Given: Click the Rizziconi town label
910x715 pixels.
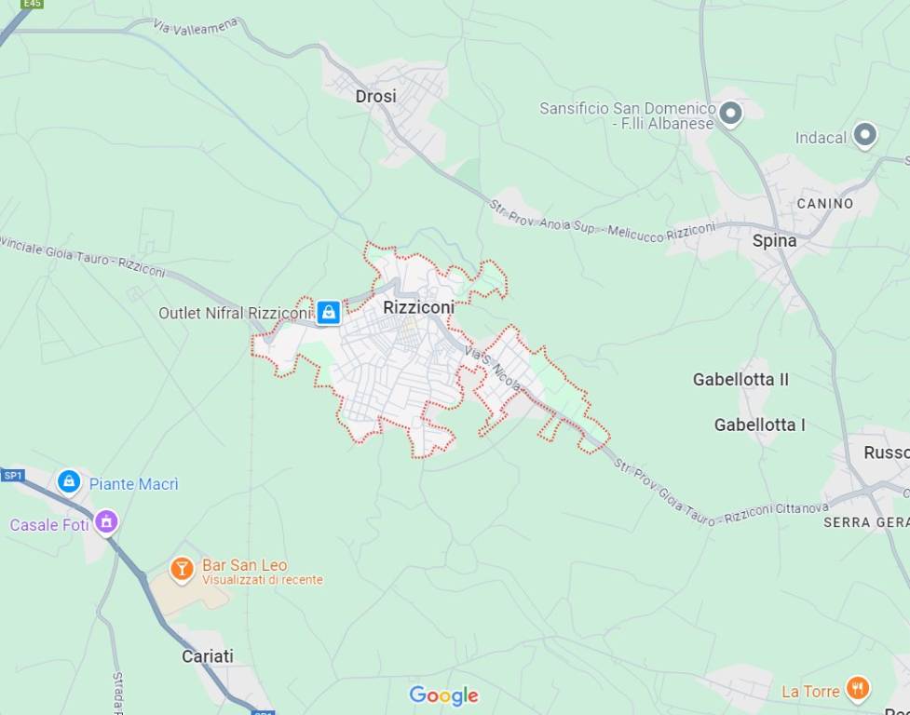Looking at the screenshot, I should [418, 306].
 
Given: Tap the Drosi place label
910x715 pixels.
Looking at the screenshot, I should [375, 96].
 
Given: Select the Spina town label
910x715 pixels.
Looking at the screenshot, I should [774, 240].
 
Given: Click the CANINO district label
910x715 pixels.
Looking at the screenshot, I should [824, 203].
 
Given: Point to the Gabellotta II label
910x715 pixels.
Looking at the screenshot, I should [740, 379].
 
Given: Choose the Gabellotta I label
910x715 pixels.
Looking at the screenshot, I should [759, 425].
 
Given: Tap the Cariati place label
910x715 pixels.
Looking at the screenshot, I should [207, 655].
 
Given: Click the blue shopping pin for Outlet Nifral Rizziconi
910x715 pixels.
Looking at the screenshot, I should [328, 313].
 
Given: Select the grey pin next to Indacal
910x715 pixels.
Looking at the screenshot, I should [865, 136].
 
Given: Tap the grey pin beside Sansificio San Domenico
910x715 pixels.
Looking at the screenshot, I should [731, 114].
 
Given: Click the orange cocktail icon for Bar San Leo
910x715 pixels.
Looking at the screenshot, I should [182, 568].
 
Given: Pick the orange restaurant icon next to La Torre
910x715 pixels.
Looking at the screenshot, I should [858, 689].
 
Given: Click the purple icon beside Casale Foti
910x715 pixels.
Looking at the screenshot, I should [106, 522].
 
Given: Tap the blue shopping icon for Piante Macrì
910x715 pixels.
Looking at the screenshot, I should [69, 481].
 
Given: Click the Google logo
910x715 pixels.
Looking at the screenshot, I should [443, 695].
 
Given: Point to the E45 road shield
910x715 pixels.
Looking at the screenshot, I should [32, 4].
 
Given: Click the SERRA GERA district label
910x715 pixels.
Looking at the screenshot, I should [866, 522].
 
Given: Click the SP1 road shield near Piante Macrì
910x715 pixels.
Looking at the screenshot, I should [12, 476].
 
